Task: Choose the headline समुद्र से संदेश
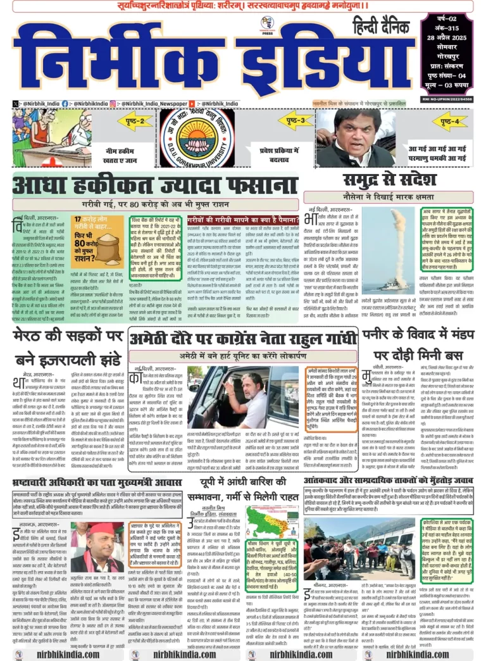[394, 179]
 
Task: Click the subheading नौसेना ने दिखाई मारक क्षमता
[394, 198]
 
